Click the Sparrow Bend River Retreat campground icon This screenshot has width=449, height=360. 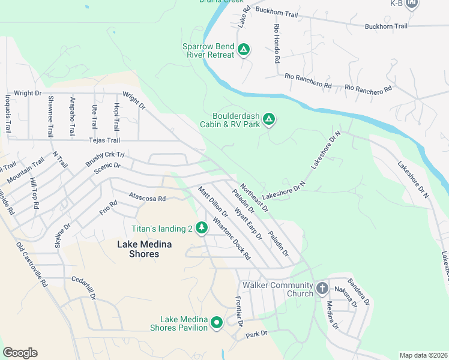(243, 49)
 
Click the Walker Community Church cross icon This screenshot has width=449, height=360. (322, 289)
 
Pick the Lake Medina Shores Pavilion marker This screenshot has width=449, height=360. (216, 322)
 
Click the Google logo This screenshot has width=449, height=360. (20, 352)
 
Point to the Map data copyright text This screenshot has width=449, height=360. (423, 355)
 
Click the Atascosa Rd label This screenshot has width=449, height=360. (147, 197)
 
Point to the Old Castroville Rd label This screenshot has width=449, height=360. (32, 265)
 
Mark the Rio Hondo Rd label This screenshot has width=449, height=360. (276, 44)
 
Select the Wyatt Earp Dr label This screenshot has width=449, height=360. (248, 224)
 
